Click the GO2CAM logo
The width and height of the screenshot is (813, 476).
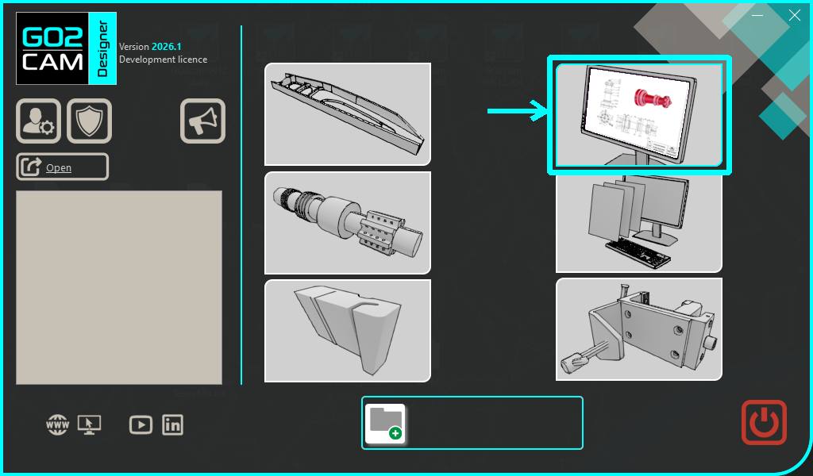tap(66, 49)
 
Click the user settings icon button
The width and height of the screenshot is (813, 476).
tap(38, 121)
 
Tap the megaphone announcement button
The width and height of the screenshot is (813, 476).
tap(202, 121)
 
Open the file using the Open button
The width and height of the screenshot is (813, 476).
tap(62, 167)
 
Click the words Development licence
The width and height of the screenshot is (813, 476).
tap(163, 59)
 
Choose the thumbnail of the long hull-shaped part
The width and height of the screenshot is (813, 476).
tap(347, 114)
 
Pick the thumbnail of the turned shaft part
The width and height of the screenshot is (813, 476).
tap(347, 223)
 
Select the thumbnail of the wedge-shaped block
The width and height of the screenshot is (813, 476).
tap(347, 330)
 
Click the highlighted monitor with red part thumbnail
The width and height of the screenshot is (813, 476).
tap(639, 115)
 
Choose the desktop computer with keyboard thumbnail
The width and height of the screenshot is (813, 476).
tap(639, 223)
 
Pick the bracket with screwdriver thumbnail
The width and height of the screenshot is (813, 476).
tap(639, 329)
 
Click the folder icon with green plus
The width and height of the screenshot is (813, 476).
tap(386, 424)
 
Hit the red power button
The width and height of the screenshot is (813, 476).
tap(764, 422)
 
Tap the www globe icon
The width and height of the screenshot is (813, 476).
tap(57, 425)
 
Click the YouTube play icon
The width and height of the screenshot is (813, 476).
tap(141, 424)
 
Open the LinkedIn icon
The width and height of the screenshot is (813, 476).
tap(172, 424)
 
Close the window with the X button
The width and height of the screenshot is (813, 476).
tap(794, 15)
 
